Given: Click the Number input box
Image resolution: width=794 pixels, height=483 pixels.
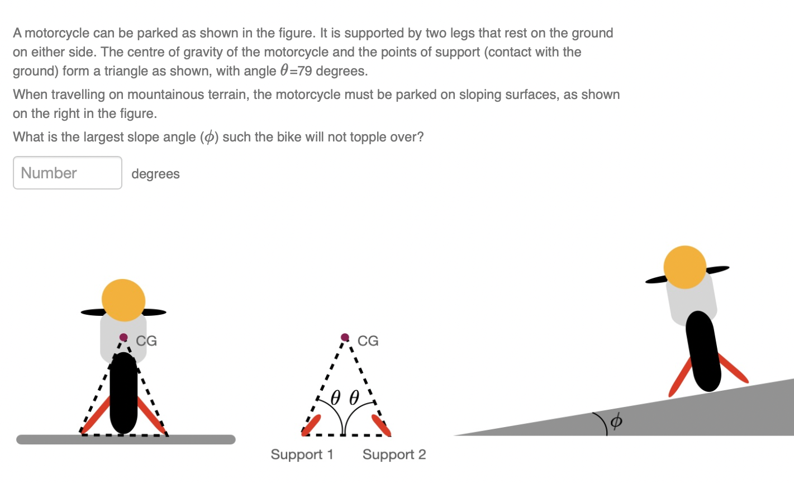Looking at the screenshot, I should click(67, 173).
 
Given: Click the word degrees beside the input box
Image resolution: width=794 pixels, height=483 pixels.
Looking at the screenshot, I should click(155, 174).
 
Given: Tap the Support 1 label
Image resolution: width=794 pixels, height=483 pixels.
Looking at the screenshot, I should click(302, 454).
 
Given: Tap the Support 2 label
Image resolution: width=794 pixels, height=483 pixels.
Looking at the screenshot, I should click(394, 454).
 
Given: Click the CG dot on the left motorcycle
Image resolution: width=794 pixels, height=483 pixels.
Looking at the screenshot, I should click(123, 337).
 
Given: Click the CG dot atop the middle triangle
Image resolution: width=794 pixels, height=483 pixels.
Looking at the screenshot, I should click(345, 337).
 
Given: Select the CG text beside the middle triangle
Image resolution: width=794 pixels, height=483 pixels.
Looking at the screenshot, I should click(368, 341).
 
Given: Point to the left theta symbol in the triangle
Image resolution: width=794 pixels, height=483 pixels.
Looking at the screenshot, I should click(335, 397).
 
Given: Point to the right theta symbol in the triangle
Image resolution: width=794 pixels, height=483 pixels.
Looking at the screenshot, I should click(354, 397).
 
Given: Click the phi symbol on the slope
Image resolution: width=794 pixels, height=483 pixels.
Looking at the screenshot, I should click(616, 420).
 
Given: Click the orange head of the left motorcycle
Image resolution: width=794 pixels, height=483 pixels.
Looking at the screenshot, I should click(123, 300).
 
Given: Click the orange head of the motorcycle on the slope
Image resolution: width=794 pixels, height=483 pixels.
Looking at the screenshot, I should click(685, 267).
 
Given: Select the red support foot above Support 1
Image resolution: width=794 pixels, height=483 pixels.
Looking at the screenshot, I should click(311, 425).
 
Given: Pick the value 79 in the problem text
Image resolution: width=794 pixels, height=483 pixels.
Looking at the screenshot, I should click(305, 72).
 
